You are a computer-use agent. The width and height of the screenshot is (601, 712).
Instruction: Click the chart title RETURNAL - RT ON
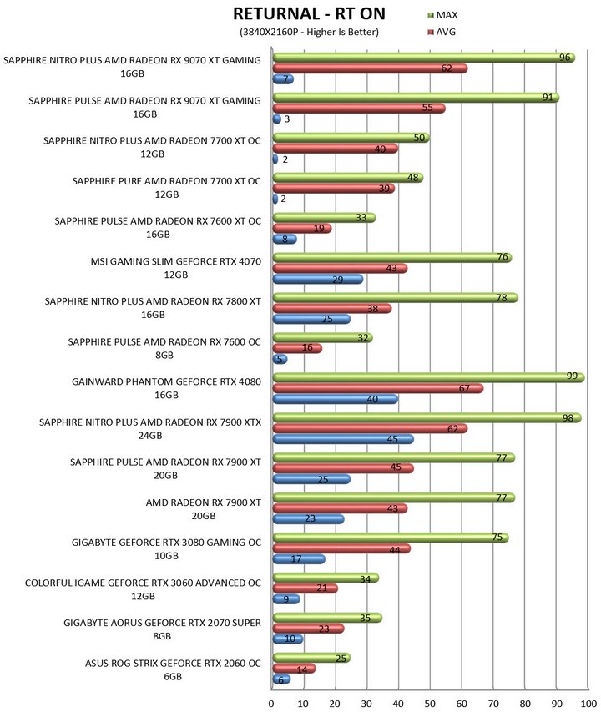point(309,14)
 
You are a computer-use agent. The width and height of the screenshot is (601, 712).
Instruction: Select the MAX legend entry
point(442,15)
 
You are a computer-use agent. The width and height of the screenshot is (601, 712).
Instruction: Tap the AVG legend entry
point(442,32)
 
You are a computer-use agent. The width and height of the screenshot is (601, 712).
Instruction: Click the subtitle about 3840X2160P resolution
point(309,32)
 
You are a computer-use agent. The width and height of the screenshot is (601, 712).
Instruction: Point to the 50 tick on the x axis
point(429,704)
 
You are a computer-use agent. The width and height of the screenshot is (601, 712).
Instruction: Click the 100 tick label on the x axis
point(588,704)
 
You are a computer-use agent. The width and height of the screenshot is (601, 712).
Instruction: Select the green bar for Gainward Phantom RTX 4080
point(428,377)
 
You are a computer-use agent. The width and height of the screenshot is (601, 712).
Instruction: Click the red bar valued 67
point(377,388)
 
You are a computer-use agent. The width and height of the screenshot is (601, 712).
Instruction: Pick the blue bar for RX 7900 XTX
point(343,439)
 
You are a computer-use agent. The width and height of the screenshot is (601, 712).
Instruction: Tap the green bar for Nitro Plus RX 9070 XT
point(423,58)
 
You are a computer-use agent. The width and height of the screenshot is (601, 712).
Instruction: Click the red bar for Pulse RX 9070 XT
point(359,109)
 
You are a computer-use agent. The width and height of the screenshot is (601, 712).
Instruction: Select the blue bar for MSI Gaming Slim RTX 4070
point(318,280)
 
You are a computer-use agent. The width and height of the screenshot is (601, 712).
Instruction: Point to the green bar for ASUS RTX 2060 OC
point(311,658)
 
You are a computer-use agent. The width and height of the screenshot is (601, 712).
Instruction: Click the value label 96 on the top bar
point(564,58)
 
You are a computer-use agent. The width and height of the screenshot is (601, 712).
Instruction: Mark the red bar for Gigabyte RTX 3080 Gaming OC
point(341,548)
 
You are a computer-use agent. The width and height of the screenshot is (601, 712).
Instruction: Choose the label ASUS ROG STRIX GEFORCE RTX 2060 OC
point(173,669)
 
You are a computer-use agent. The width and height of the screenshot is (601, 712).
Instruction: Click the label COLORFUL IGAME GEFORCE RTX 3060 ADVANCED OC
point(143,589)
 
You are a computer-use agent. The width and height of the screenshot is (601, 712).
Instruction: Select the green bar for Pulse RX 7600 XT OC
point(324,218)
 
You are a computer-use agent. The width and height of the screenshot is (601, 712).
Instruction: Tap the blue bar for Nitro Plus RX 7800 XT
point(311,319)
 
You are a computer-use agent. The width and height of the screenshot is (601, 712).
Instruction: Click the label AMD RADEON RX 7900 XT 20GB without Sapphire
point(204,509)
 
